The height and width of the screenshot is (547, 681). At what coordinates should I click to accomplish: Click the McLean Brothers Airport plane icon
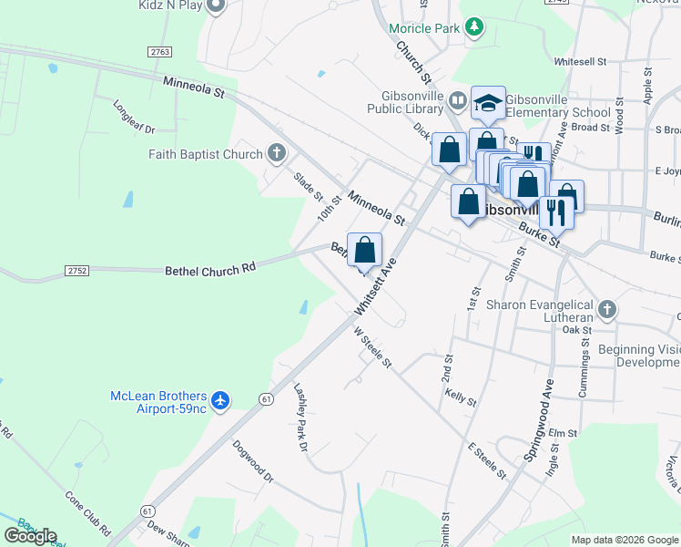click(219, 399)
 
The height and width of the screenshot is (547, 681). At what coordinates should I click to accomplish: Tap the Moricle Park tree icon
click(473, 27)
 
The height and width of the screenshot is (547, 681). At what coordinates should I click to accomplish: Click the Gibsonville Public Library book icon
click(457, 101)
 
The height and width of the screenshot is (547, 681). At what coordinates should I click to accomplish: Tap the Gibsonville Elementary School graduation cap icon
click(488, 104)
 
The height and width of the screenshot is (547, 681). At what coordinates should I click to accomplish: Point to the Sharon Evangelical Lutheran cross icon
click(607, 310)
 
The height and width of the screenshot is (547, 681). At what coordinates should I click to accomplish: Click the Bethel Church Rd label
click(210, 271)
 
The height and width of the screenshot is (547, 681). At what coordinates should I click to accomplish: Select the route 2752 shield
click(77, 270)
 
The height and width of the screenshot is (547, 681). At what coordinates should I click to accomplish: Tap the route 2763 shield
click(160, 52)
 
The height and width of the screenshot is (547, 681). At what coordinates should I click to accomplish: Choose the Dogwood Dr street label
click(252, 462)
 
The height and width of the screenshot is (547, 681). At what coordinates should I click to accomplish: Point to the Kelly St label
click(461, 397)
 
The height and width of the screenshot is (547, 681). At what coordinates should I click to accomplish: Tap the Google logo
click(31, 536)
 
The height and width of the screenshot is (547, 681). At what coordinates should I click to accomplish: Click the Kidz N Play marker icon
click(216, 7)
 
